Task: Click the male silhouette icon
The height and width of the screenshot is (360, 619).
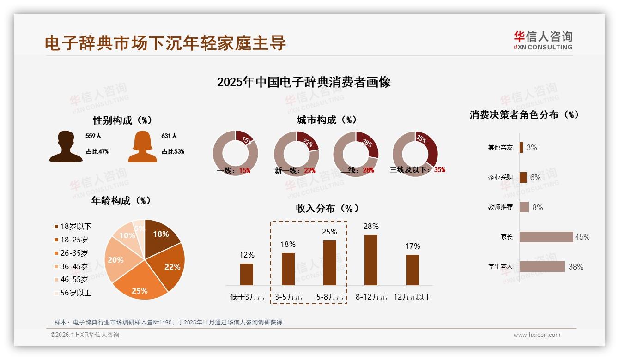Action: click(66, 147)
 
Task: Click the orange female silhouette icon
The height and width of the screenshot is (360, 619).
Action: click(142, 147)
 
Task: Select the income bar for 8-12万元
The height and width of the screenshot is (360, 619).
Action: click(370, 260)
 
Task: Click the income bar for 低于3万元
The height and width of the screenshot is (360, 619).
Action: click(247, 274)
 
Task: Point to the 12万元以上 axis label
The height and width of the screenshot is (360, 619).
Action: click(412, 297)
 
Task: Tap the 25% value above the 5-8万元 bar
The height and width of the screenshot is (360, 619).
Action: click(329, 232)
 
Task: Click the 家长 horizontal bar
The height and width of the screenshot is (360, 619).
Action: click(546, 237)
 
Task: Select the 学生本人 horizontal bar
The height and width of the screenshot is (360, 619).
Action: click(542, 266)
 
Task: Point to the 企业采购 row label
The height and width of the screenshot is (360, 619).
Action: click(500, 178)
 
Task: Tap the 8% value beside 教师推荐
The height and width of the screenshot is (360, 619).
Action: click(538, 207)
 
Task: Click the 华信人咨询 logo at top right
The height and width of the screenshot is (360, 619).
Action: click(543, 40)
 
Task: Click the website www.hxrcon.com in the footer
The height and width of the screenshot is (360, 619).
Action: click(537, 335)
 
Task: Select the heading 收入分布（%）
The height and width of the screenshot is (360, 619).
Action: click(327, 209)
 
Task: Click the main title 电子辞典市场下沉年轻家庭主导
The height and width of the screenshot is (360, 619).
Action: click(165, 43)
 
